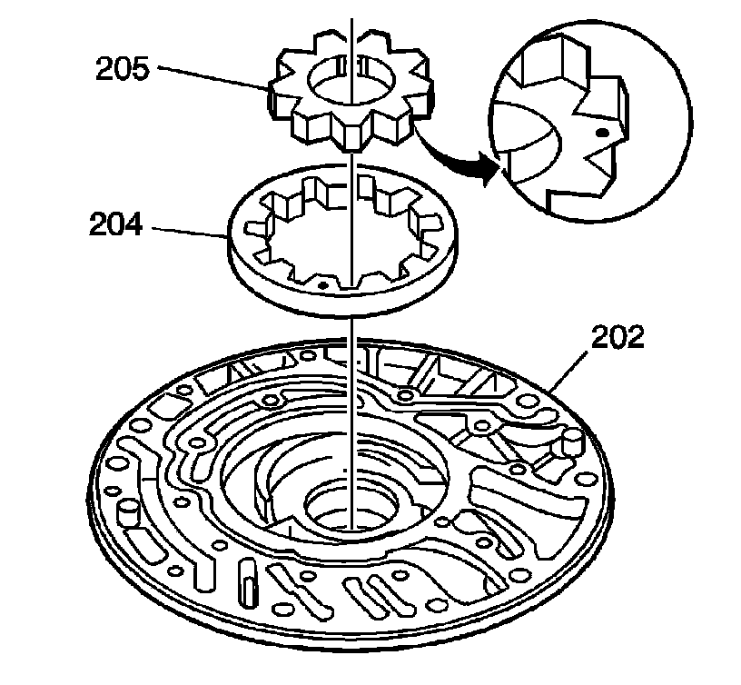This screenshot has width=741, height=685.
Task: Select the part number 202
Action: pyautogui.click(x=617, y=338)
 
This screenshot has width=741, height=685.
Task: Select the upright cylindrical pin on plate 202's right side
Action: pyautogui.click(x=572, y=444)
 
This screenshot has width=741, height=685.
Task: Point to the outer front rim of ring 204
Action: pyautogui.click(x=345, y=304)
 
